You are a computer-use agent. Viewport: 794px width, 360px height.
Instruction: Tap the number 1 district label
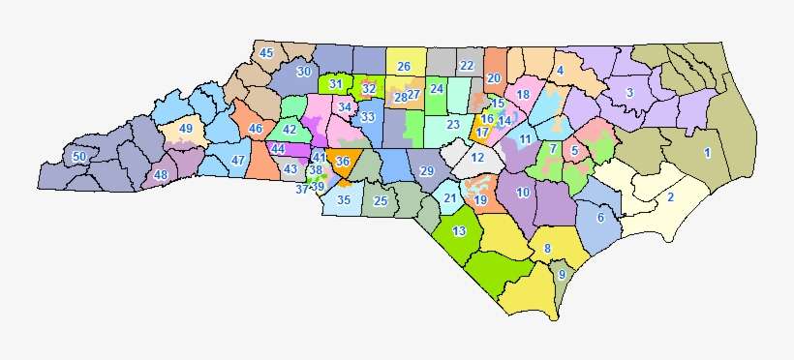coord(707,153)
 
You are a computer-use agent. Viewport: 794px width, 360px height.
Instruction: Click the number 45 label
coord(266,52)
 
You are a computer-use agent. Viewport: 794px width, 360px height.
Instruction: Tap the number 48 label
coord(160,175)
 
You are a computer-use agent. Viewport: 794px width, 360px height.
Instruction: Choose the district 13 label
coord(459,230)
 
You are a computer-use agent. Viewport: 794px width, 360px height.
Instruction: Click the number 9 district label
coord(561,275)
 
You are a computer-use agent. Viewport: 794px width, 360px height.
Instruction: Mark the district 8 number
coord(547,249)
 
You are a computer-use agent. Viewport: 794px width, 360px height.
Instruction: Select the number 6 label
coord(601,218)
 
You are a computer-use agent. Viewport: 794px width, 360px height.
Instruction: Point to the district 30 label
coord(303,72)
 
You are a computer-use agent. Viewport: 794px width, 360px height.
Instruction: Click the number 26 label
coord(404,66)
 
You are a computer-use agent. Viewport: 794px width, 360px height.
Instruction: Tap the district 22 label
coord(467,66)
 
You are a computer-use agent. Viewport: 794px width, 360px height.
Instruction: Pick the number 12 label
coord(476,158)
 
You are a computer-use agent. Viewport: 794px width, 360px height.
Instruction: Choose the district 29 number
coord(427,171)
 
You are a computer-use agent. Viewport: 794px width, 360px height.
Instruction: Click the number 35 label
coord(343,201)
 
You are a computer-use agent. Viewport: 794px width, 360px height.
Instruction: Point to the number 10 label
coord(523,193)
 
